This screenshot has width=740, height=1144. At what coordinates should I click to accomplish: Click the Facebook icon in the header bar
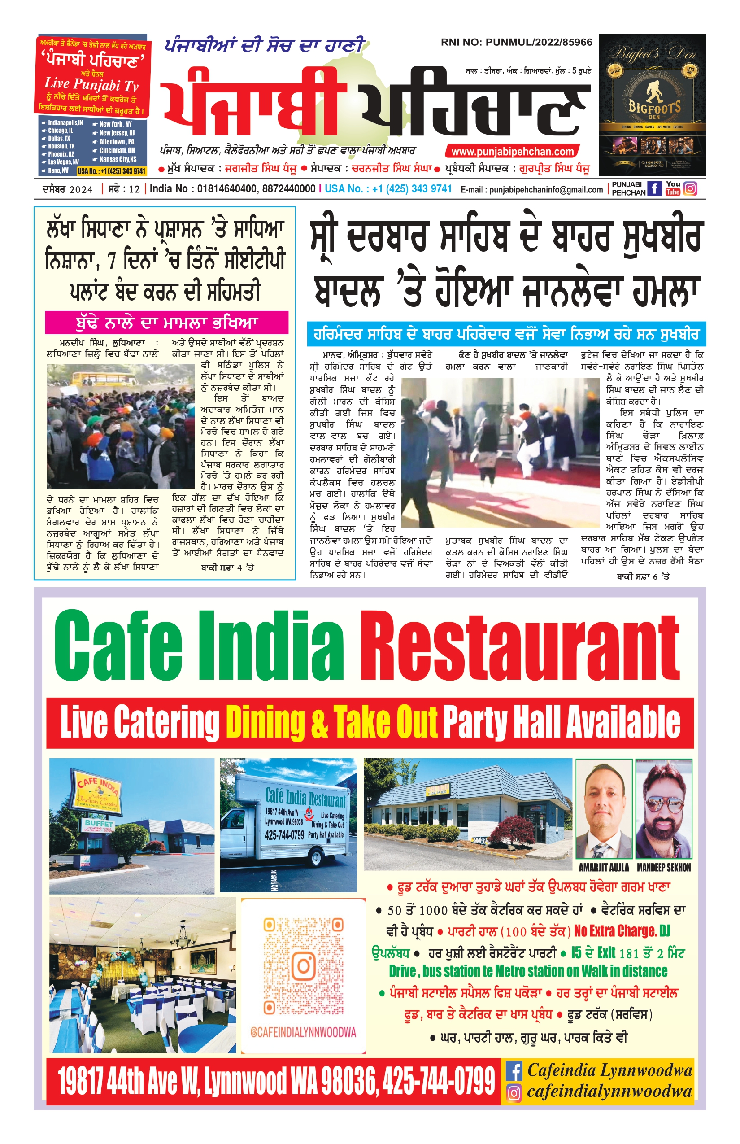(654, 188)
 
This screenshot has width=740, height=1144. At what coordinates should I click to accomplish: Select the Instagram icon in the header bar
(690, 188)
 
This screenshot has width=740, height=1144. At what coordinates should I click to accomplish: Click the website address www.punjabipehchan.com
(512, 152)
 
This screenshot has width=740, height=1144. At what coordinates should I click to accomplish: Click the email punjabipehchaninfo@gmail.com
(546, 190)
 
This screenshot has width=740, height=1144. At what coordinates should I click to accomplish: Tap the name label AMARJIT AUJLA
(604, 868)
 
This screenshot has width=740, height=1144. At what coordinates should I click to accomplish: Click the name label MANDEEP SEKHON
(664, 868)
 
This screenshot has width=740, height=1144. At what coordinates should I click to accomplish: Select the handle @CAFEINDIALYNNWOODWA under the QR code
(303, 1032)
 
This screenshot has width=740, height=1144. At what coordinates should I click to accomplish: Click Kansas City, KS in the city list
(118, 159)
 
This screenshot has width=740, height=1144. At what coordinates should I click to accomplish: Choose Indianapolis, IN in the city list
(65, 123)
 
